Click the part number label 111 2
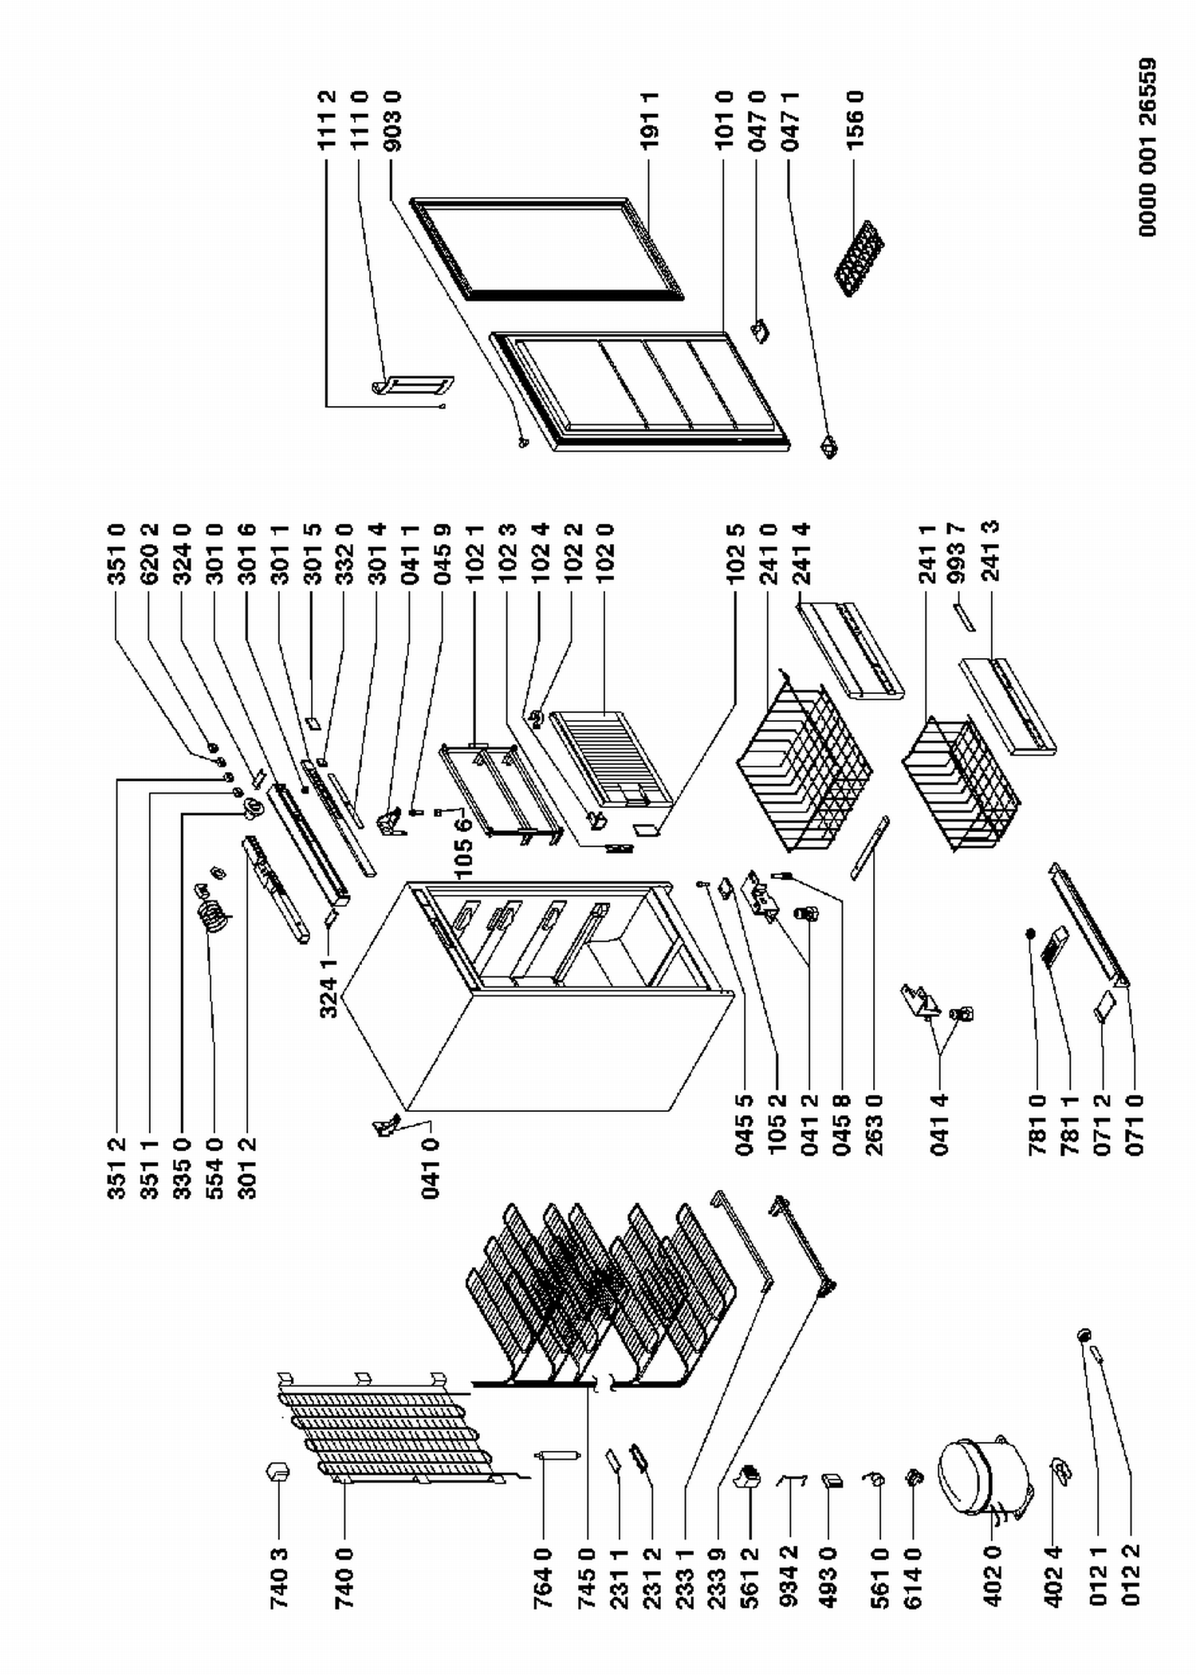click(x=327, y=120)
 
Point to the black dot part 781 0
click(x=1031, y=932)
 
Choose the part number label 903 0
click(x=392, y=120)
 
